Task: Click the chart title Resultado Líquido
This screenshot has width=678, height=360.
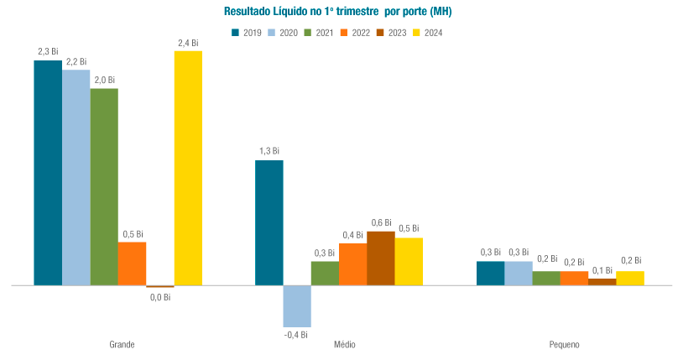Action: pos(338,11)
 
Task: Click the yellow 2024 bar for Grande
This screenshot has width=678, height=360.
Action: pos(188,168)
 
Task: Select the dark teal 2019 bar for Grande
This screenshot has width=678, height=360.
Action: pos(48,173)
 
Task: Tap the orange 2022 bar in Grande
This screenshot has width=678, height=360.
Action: pos(132,263)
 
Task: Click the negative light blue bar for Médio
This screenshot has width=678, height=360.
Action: pos(297,305)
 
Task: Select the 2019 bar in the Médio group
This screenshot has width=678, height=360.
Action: pos(269,222)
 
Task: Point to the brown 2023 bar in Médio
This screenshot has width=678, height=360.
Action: pos(381,258)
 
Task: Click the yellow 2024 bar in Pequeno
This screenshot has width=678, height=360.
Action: pos(630,278)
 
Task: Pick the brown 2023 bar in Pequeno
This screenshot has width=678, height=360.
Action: pos(602,282)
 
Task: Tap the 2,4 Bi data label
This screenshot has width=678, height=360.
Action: pos(188,42)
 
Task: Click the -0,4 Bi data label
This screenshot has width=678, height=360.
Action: pos(295,335)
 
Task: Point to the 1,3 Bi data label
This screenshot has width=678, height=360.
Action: pos(269,151)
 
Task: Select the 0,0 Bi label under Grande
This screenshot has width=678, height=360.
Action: pos(159,296)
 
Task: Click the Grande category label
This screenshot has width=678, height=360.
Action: pos(123,345)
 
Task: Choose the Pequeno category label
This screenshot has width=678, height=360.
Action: pos(564,345)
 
